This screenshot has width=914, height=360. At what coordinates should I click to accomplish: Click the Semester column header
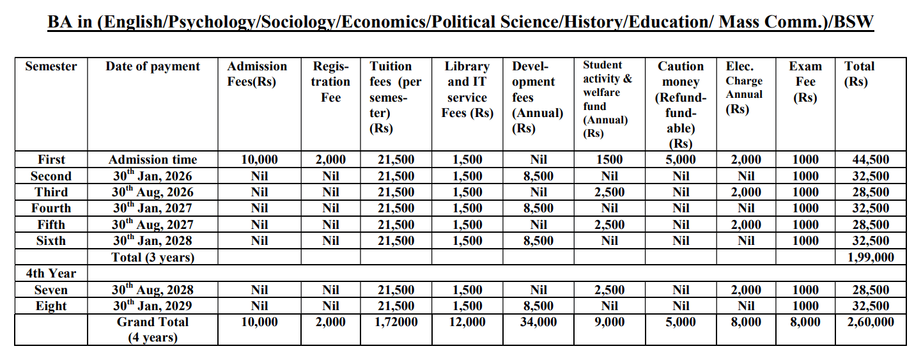[51, 67]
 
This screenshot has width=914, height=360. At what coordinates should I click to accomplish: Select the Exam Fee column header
[805, 82]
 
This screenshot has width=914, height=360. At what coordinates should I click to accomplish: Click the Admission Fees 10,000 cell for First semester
[259, 160]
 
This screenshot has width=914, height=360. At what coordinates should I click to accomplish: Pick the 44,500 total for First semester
[871, 160]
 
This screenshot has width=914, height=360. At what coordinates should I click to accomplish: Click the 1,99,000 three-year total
[871, 257]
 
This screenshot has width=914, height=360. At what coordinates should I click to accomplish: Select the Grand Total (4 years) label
[153, 329]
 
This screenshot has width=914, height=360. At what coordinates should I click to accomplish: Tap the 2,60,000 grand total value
[871, 322]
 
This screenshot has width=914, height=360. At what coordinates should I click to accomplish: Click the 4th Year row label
[51, 273]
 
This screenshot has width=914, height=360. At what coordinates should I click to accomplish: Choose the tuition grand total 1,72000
[396, 322]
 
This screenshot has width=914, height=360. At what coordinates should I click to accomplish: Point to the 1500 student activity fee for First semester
[609, 160]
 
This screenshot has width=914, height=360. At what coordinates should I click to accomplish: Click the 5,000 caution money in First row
[681, 160]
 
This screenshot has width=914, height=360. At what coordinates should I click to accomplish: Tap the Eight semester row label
[51, 306]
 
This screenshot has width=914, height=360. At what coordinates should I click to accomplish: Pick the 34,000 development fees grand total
[538, 322]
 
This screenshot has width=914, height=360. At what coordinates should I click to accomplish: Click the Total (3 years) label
[153, 257]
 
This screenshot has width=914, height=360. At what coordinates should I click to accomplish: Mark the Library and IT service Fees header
[468, 90]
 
